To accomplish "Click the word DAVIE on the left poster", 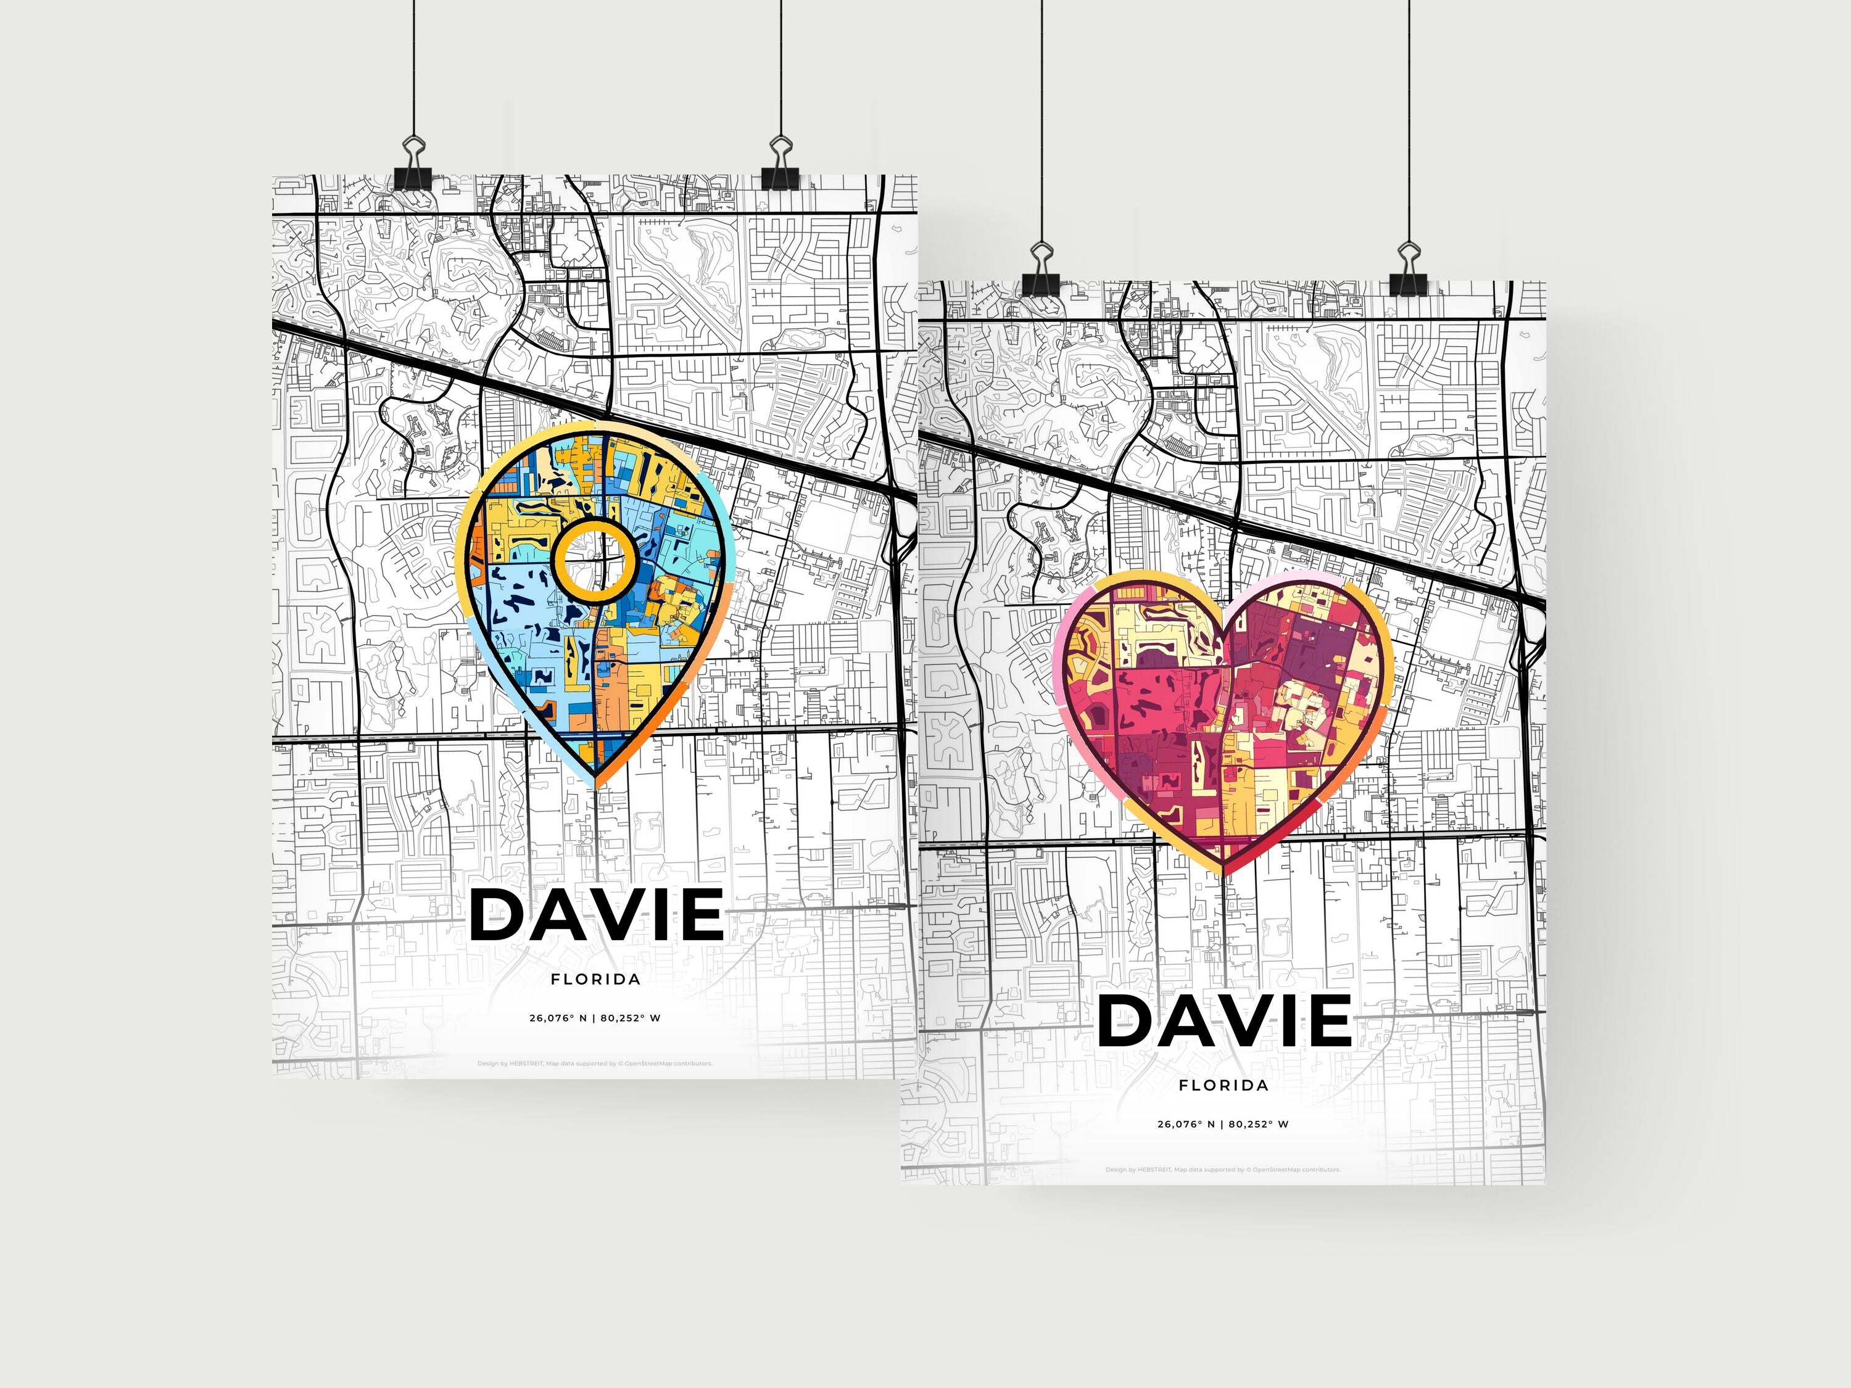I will tap(597, 914).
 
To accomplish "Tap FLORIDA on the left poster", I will tap(596, 979).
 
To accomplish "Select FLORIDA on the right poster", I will tap(1224, 1085).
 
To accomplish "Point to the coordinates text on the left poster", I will tap(595, 1018).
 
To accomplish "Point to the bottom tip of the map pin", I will tap(596, 785).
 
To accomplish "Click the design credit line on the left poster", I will tap(595, 1064).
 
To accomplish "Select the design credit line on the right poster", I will tap(1222, 1170).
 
